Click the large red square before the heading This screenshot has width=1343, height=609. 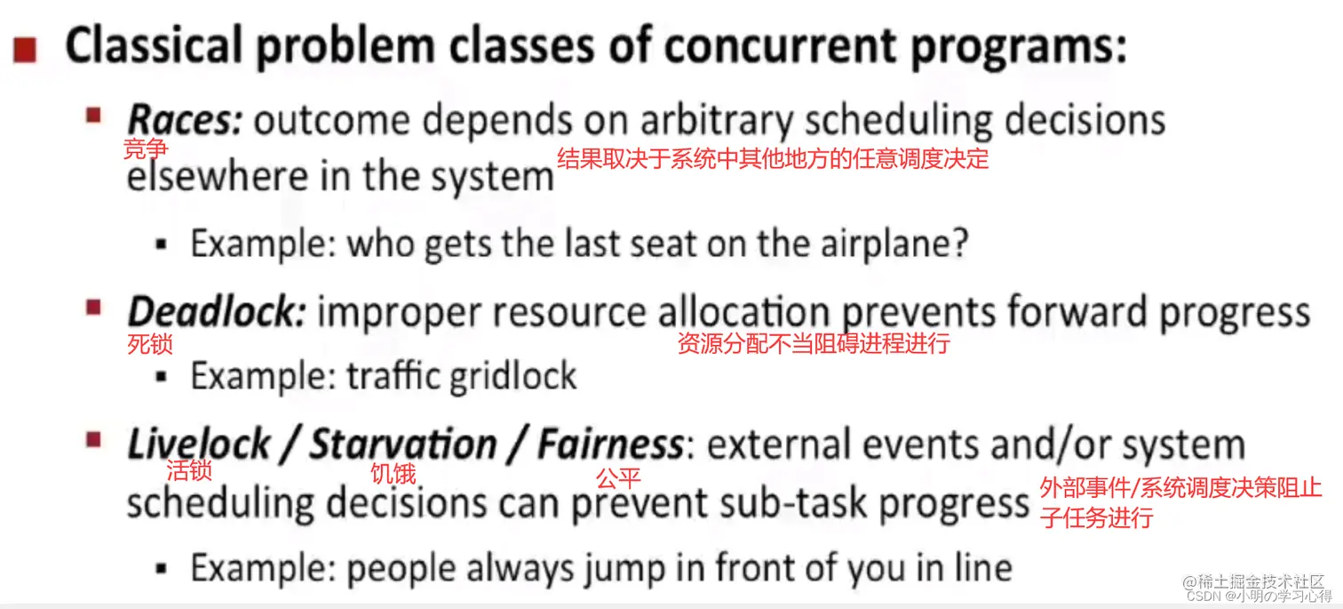coord(25,50)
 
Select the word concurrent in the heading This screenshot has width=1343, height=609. coord(780,47)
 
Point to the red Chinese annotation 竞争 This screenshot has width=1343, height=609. coord(145,148)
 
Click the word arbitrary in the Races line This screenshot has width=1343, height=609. coord(717,122)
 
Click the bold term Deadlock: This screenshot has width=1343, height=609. coord(217,311)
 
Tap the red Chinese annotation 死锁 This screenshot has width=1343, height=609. coord(150,344)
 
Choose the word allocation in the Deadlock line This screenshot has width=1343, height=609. coord(744,312)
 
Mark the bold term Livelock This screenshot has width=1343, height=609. coord(199,444)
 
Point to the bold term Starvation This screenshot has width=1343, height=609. coord(403,444)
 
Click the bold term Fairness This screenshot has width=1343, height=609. coord(610,444)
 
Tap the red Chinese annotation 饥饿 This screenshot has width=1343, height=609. coord(393,474)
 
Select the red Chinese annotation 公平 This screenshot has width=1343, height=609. coord(618,477)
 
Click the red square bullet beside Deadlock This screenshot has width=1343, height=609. coord(93,308)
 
